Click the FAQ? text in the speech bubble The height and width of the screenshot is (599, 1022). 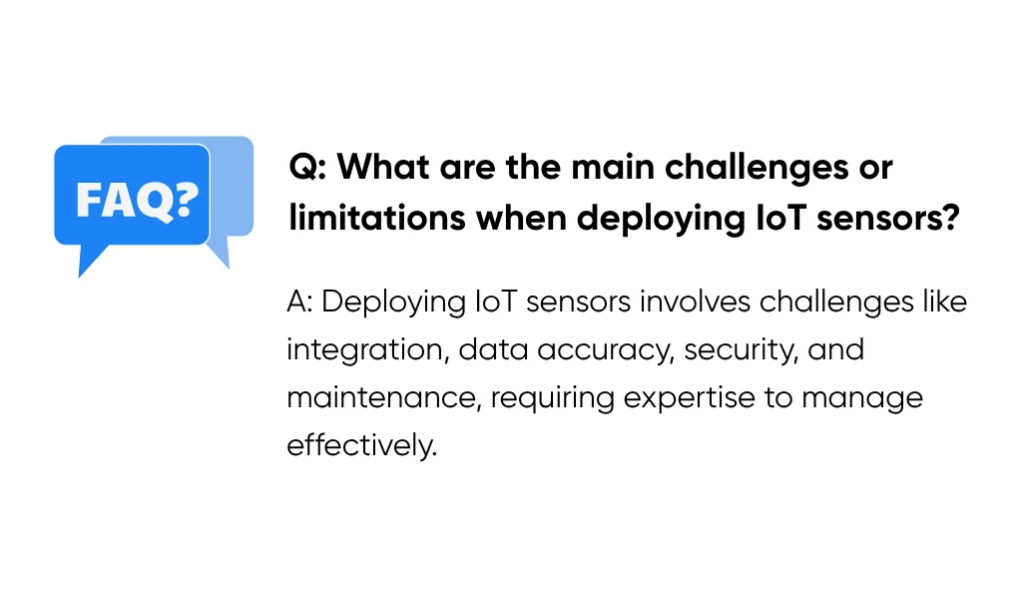pyautogui.click(x=137, y=199)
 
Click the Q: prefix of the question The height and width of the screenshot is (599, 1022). pyautogui.click(x=305, y=167)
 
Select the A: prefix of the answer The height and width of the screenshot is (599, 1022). pyautogui.click(x=299, y=301)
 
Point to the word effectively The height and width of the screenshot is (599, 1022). pyautogui.click(x=361, y=445)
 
